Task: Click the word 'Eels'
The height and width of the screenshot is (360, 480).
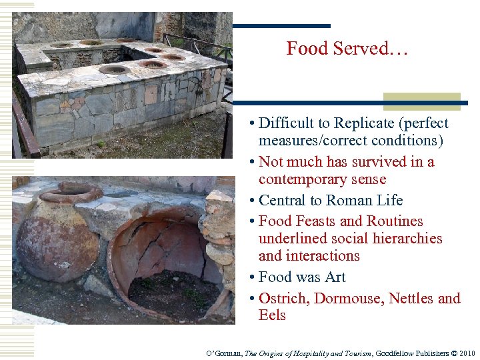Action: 272,315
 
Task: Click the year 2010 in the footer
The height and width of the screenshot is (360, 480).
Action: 465,353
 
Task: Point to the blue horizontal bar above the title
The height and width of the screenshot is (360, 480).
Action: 281,26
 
